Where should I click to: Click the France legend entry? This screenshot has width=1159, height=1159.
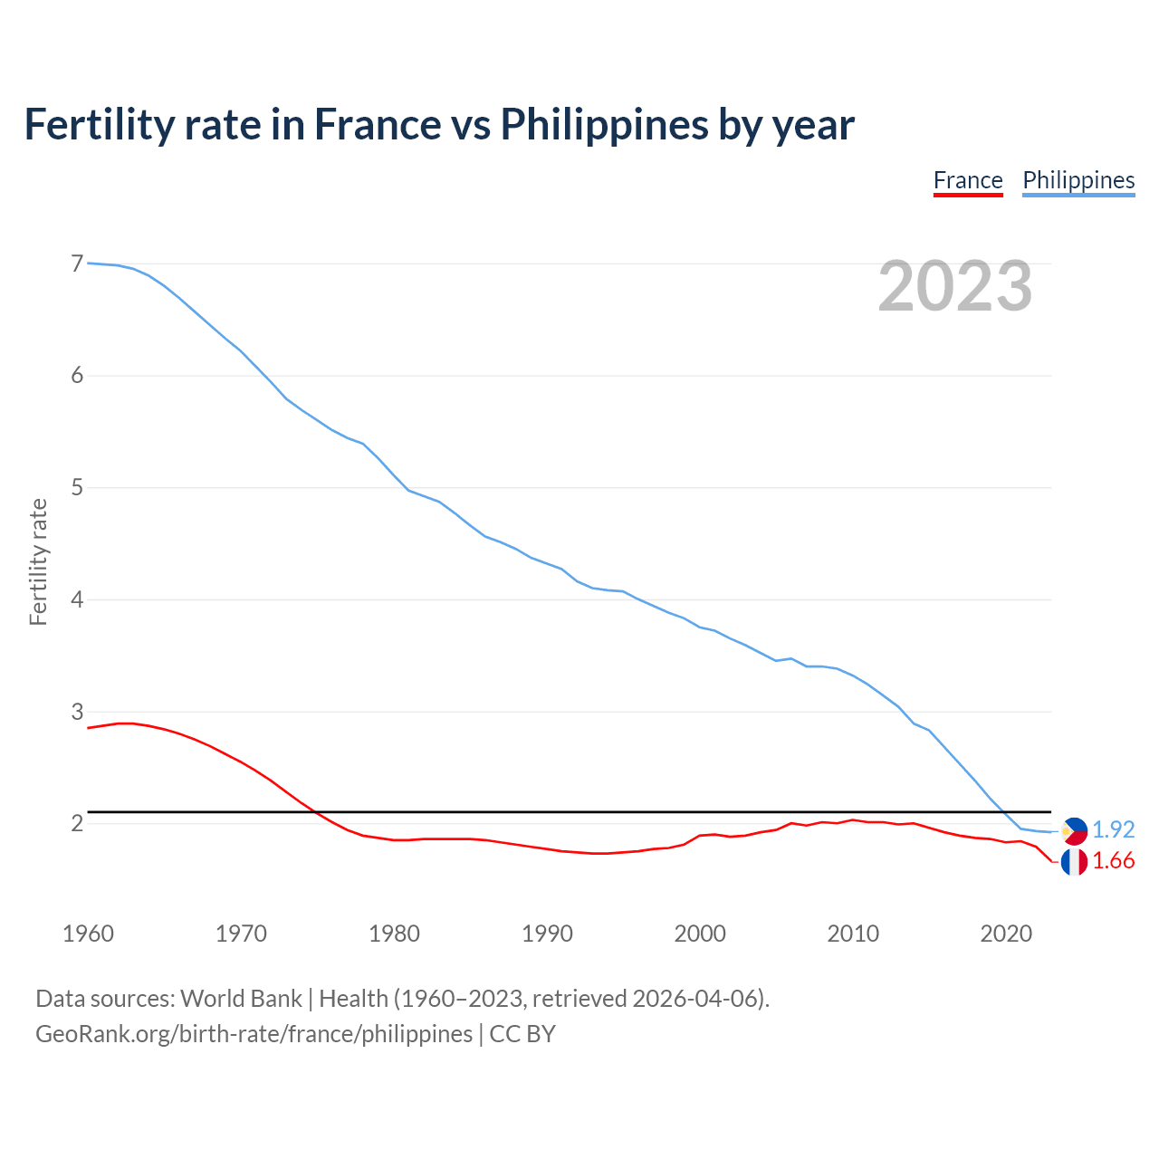click(968, 180)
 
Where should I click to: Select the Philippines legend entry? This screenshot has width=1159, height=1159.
click(1078, 180)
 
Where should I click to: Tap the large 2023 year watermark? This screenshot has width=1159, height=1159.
click(955, 286)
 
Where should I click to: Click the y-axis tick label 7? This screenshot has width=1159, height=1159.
click(77, 263)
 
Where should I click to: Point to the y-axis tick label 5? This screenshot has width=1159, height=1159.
click(77, 488)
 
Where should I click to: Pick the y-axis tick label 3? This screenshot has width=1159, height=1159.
click(77, 712)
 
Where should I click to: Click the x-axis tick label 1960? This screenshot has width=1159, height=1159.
click(88, 934)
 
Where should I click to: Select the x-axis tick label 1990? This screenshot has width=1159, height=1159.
click(547, 934)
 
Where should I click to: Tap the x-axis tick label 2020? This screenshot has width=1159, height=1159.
click(1006, 934)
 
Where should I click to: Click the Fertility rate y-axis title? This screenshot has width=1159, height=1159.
click(38, 561)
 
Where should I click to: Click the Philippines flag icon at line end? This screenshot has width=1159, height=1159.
click(1074, 830)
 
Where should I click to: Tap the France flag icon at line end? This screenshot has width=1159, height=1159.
click(1074, 862)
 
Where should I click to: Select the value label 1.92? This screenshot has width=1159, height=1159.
click(1113, 829)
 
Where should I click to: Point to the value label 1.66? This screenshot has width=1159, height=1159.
click(1113, 861)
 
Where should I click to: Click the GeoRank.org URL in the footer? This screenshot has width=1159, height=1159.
click(254, 1034)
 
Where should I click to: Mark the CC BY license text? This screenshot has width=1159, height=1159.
click(522, 1034)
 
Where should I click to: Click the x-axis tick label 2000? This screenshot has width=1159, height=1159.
click(700, 934)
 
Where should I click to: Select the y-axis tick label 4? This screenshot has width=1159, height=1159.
click(77, 599)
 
